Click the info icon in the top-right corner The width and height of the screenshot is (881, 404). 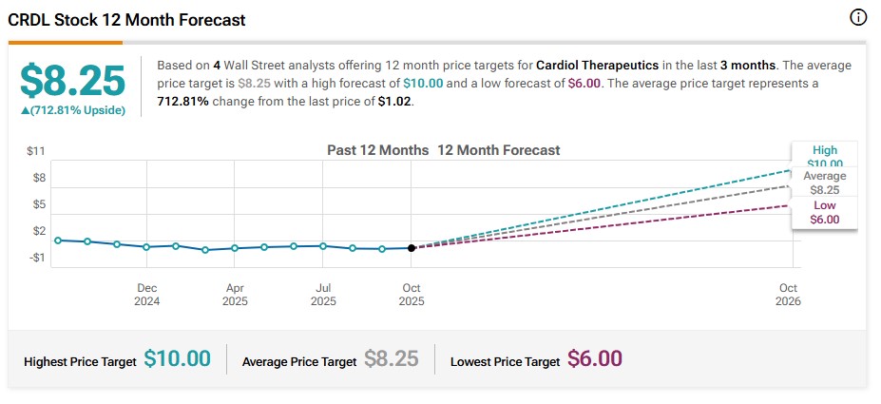click(x=858, y=18)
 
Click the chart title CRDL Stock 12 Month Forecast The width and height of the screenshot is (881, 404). click(x=127, y=19)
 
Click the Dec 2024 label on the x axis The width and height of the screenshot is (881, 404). click(x=146, y=295)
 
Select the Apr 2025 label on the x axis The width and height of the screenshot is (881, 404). click(x=235, y=295)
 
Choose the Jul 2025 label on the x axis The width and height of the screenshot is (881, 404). click(x=323, y=295)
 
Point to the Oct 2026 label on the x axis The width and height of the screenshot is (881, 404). click(x=788, y=295)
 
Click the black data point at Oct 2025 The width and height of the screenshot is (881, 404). click(x=412, y=247)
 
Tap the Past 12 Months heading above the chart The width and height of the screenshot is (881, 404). click(x=377, y=150)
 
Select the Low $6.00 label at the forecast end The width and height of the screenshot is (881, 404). click(x=824, y=212)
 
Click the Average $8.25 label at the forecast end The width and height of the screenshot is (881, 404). click(x=824, y=183)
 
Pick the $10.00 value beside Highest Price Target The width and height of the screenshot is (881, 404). click(x=177, y=359)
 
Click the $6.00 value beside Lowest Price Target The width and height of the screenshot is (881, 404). click(x=595, y=359)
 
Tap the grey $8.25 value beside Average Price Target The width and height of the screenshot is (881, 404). click(x=392, y=359)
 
